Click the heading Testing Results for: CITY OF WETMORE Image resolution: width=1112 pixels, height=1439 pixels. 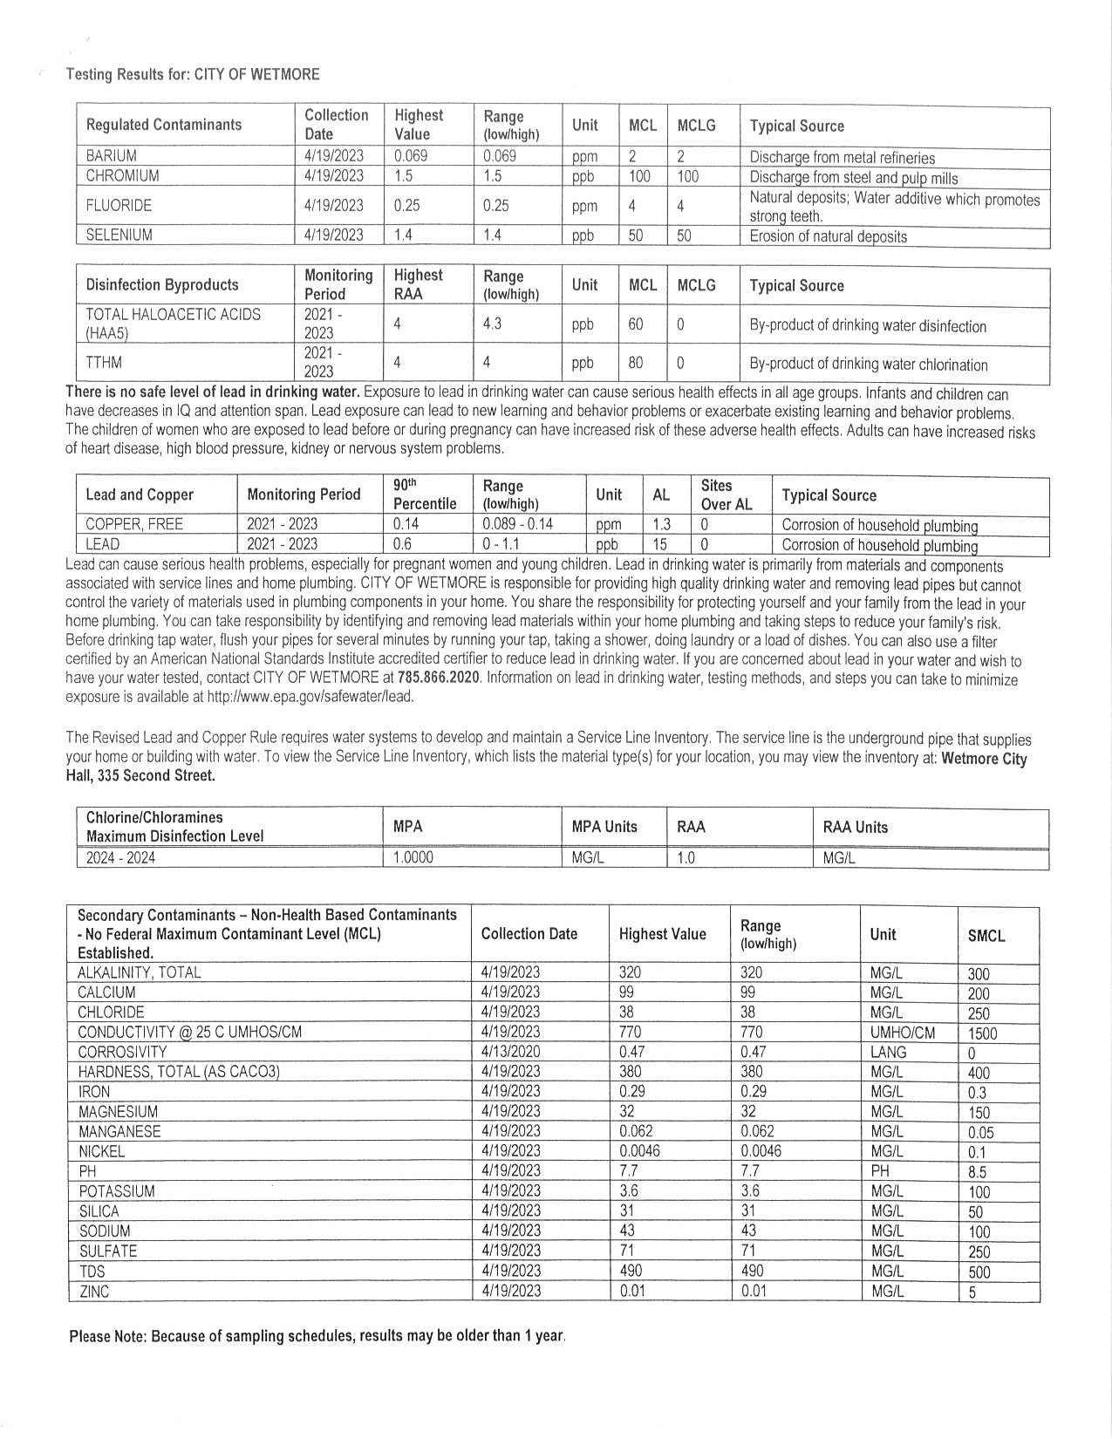[193, 74]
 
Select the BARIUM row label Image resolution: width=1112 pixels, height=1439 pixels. [111, 156]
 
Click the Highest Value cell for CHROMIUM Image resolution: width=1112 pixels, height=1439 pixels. [404, 176]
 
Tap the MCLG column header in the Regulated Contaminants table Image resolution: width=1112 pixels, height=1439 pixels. [696, 126]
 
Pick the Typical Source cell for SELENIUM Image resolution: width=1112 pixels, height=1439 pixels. [828, 236]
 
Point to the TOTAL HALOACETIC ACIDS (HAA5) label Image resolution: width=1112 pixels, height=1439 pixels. [173, 324]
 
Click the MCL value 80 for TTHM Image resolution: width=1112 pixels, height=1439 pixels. [636, 363]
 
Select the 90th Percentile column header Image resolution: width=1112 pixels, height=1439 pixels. [425, 494]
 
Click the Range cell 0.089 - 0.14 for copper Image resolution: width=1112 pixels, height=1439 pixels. [517, 525]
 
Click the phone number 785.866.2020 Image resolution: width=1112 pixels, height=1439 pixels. [438, 679]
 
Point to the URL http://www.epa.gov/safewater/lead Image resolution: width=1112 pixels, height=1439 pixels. [309, 697]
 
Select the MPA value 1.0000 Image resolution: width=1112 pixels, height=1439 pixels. [413, 858]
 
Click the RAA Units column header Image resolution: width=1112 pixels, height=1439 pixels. [855, 828]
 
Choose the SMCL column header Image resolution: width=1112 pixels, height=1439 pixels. [986, 936]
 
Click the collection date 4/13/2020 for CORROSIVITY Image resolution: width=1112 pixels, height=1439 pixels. [510, 1052]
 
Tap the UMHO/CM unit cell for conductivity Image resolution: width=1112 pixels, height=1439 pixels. [902, 1033]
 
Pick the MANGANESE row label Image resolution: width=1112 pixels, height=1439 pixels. [119, 1132]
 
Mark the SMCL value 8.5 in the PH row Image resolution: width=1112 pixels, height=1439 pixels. [979, 1172]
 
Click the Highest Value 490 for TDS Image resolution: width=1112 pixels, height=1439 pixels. [631, 1272]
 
